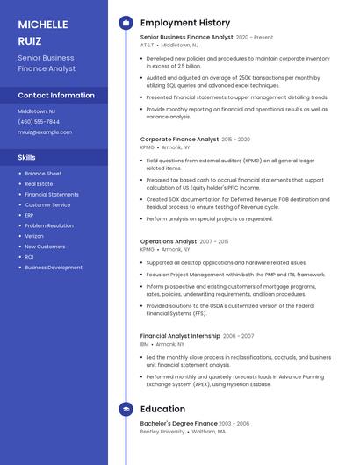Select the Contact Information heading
pyautogui.click(x=56, y=95)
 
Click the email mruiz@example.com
pyautogui.click(x=45, y=132)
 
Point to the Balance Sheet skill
pyautogui.click(x=43, y=174)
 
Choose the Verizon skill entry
pyautogui.click(x=34, y=236)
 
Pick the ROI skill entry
pyautogui.click(x=29, y=257)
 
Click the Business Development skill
pyautogui.click(x=54, y=268)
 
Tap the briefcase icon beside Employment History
pyautogui.click(x=126, y=23)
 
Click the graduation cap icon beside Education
pyautogui.click(x=126, y=409)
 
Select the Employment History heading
pyautogui.click(x=185, y=23)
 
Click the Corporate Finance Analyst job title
pyautogui.click(x=179, y=139)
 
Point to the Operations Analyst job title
pyautogui.click(x=168, y=241)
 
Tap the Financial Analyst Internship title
pyautogui.click(x=179, y=336)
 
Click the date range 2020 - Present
pyautogui.click(x=255, y=38)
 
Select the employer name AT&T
pyautogui.click(x=147, y=45)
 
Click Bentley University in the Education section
pyautogui.click(x=162, y=432)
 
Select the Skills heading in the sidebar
pyautogui.click(x=27, y=157)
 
